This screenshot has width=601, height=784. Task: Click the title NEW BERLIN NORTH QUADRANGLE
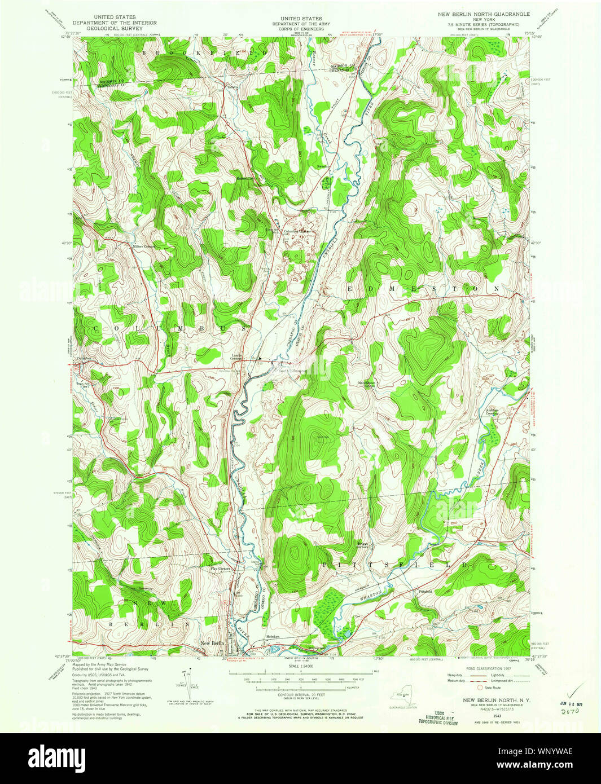coord(484,13)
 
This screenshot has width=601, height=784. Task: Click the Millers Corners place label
coord(143,246)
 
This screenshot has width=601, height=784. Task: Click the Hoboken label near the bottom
coord(274,636)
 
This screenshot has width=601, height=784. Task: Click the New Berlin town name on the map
coord(213,643)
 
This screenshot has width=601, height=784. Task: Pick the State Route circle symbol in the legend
coord(481,688)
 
